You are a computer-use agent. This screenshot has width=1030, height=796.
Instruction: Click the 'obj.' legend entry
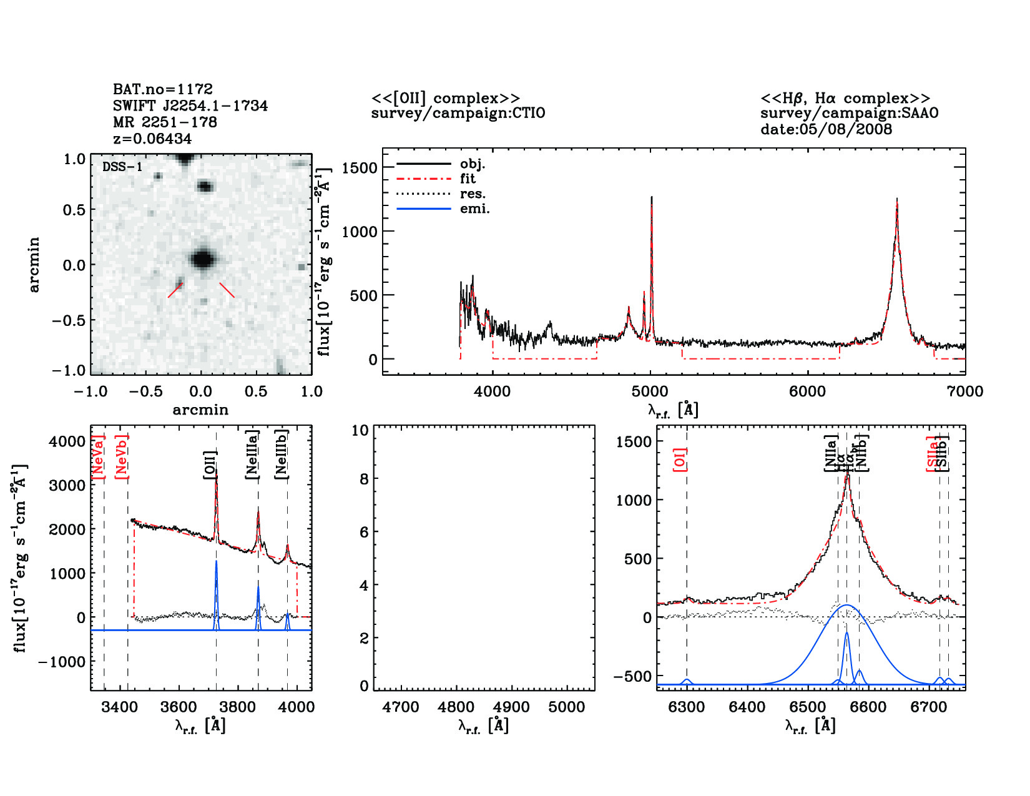pyautogui.click(x=472, y=164)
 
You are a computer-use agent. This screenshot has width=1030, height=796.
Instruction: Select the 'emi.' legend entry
pyautogui.click(x=474, y=209)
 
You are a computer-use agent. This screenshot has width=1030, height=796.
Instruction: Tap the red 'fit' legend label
pyautogui.click(x=468, y=179)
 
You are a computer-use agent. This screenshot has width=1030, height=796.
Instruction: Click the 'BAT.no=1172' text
pyautogui.click(x=163, y=89)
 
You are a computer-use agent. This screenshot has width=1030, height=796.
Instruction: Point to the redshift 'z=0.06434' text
pyautogui.click(x=152, y=139)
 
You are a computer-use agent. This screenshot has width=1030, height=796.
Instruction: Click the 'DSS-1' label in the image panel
pyautogui.click(x=122, y=167)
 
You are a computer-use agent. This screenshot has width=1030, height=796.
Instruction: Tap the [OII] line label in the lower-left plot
pyautogui.click(x=210, y=464)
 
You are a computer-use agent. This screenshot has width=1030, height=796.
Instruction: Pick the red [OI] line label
pyautogui.click(x=680, y=459)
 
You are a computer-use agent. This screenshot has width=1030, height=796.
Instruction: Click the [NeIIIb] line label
pyautogui.click(x=282, y=454)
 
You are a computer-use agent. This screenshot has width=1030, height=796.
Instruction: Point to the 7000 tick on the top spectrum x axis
pyautogui.click(x=964, y=392)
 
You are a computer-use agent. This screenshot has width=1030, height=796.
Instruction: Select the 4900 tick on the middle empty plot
pyautogui.click(x=511, y=707)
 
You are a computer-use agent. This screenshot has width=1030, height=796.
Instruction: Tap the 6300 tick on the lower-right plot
pyautogui.click(x=687, y=707)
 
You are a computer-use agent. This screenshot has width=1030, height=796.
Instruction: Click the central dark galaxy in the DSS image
pyautogui.click(x=202, y=258)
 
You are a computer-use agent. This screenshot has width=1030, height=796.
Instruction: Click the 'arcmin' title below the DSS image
pyautogui.click(x=200, y=410)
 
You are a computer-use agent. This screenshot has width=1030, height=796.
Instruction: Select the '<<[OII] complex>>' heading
pyautogui.click(x=445, y=99)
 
